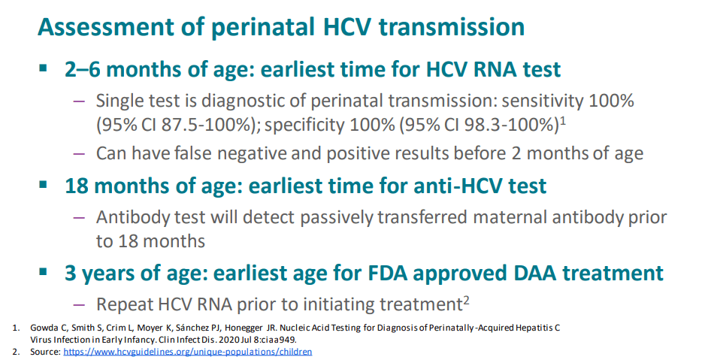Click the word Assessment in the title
point(105,26)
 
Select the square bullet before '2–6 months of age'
point(43,68)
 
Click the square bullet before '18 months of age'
point(43,184)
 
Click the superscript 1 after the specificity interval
point(563,120)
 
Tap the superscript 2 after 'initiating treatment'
point(466,300)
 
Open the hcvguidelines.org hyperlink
point(188,352)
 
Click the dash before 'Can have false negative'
point(79,153)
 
